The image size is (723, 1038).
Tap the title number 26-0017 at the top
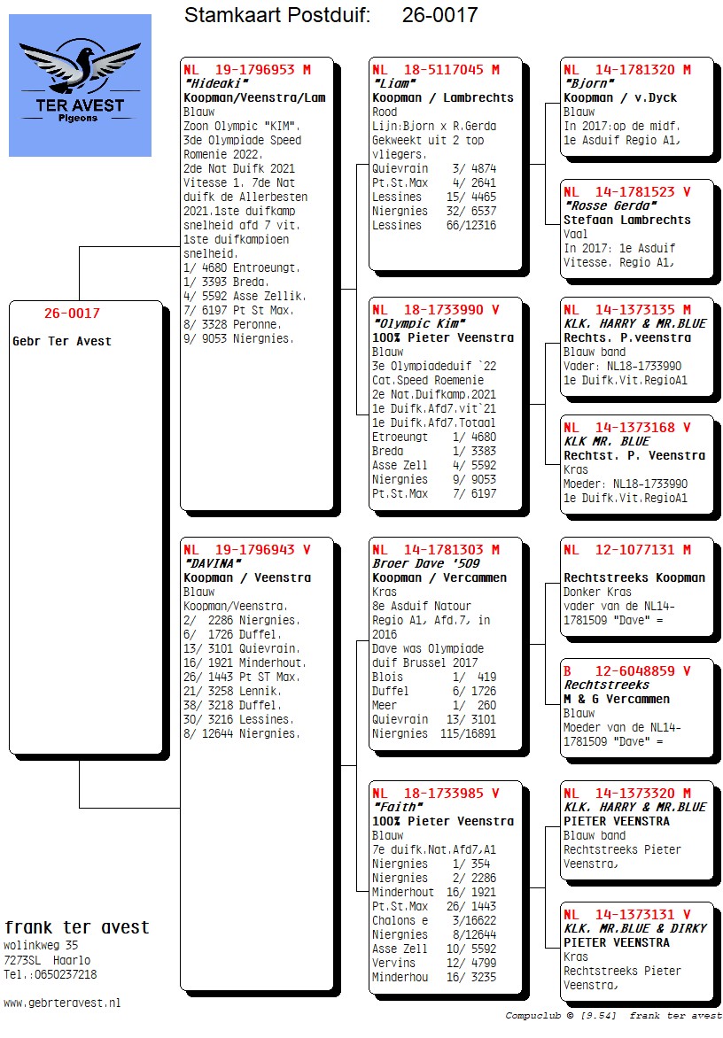pyautogui.click(x=439, y=14)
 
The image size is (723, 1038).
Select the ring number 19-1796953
pyautogui.click(x=255, y=69)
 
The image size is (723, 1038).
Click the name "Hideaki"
pyautogui.click(x=217, y=83)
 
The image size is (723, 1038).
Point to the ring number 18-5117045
pyautogui.click(x=444, y=69)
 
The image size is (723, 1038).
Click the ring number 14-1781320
pyautogui.click(x=635, y=69)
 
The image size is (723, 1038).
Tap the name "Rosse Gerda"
pyautogui.click(x=611, y=205)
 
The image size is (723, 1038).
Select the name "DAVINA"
pyautogui.click(x=214, y=563)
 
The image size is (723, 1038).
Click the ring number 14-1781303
pyautogui.click(x=444, y=549)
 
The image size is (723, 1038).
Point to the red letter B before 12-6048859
pyautogui.click(x=567, y=670)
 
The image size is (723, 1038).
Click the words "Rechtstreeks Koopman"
pyautogui.click(x=634, y=577)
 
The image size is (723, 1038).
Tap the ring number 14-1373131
pyautogui.click(x=635, y=914)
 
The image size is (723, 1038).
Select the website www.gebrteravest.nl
pyautogui.click(x=62, y=1003)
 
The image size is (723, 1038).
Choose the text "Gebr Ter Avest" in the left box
pyautogui.click(x=62, y=342)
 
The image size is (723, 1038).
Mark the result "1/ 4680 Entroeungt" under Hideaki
pyautogui.click(x=242, y=268)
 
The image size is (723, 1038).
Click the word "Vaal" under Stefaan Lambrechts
pyautogui.click(x=575, y=234)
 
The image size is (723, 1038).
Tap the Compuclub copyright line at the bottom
pyautogui.click(x=614, y=1016)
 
